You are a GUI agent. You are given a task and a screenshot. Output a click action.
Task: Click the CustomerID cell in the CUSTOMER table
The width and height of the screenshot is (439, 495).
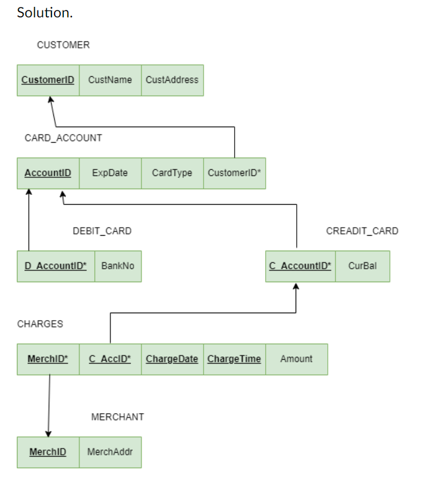48,80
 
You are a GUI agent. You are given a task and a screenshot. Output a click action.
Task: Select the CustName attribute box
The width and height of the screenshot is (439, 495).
110,80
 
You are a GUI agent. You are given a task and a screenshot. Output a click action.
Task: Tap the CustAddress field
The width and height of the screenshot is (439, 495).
172,80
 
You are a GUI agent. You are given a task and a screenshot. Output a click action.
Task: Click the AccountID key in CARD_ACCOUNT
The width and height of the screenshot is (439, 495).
48,173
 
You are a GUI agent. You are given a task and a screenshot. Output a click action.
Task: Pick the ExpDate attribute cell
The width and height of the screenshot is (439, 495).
110,173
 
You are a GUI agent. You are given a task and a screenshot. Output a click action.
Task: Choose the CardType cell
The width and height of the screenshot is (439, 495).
172,173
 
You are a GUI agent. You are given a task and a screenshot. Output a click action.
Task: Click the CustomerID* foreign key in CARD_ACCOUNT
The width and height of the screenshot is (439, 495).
234,173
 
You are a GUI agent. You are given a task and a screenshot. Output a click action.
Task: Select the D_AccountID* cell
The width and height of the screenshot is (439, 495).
55,266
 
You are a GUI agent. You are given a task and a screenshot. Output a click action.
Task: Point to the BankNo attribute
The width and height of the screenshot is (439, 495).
117,266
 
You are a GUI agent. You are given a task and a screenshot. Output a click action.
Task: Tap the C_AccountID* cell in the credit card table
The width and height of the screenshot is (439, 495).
300,266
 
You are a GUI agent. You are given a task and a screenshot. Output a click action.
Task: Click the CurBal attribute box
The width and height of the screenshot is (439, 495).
362,266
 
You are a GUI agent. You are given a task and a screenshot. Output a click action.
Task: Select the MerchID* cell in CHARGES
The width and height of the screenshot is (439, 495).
48,359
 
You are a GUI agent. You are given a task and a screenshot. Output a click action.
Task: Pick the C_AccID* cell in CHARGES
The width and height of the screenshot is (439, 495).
110,359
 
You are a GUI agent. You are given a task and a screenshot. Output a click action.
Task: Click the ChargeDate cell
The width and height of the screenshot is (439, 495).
172,359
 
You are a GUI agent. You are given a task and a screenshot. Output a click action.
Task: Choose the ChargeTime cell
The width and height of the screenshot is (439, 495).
234,359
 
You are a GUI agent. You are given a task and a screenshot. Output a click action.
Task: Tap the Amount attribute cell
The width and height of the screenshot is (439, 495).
296,359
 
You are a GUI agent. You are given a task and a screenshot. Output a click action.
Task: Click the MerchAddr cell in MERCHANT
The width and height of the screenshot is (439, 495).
110,452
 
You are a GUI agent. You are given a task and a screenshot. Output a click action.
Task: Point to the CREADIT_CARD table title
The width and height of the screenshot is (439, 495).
362,231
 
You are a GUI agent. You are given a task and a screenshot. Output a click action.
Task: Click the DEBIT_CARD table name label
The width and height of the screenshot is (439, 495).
102,231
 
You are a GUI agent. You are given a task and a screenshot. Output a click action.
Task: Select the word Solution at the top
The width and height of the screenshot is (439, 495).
44,12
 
